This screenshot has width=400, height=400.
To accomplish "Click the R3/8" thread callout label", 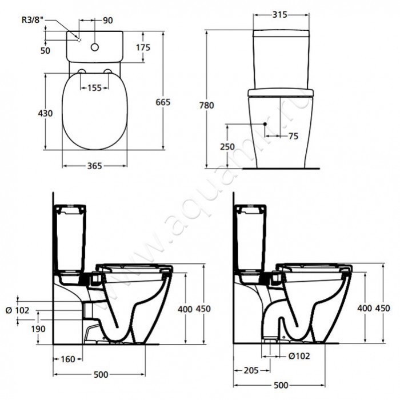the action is [x=31, y=20].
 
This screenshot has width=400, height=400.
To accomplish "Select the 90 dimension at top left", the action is [x=107, y=21].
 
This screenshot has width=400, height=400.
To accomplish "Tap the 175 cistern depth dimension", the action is [x=143, y=47].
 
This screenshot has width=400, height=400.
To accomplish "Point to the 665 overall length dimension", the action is [x=163, y=102].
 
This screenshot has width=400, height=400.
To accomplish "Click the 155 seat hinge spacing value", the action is [x=95, y=88].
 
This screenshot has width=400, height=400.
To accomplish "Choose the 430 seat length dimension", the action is [x=45, y=113].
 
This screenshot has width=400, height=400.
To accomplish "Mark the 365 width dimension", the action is [x=95, y=166].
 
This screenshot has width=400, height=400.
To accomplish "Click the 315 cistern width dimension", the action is [x=280, y=15].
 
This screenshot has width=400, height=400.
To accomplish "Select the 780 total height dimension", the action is [x=207, y=105].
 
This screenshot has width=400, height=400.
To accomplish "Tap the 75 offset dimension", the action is [x=293, y=136].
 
